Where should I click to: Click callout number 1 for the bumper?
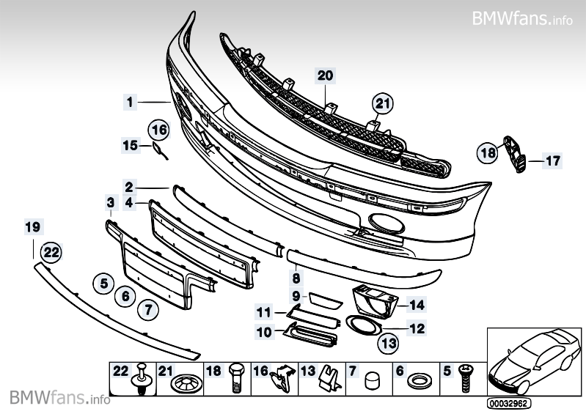[x=130, y=103]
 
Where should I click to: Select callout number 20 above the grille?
[x=325, y=75]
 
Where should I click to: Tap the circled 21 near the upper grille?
[x=381, y=104]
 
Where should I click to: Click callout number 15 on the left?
[x=130, y=146]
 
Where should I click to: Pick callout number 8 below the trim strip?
[x=296, y=278]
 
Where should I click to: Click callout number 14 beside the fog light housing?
[x=417, y=303]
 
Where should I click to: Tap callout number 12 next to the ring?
[x=417, y=329]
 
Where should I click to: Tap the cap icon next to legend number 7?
[x=371, y=380]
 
